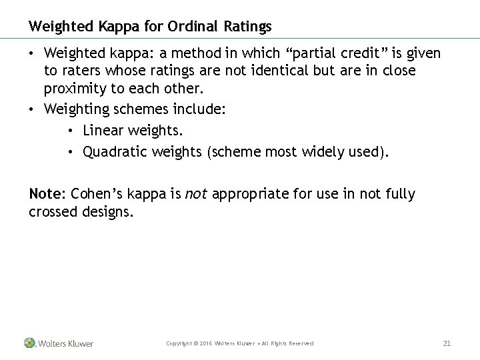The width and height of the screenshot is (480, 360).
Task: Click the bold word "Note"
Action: [44, 194]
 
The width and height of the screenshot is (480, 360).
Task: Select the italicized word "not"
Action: [194, 194]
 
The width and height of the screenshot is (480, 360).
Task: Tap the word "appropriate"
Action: [247, 194]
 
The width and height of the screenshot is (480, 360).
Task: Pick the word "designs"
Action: [109, 211]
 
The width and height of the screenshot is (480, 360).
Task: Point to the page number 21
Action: [447, 343]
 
